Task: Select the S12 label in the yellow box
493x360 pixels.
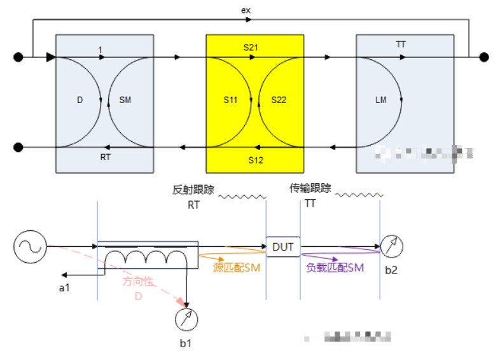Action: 255,160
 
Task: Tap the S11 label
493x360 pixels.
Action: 230,100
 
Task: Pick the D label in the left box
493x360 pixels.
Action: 80,100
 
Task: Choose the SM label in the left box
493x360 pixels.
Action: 125,100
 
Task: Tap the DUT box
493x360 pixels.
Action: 282,247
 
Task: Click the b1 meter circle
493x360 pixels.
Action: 186,319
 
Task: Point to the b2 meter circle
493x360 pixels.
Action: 392,246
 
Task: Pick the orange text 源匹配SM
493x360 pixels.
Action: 237,268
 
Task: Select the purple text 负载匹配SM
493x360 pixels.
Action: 335,268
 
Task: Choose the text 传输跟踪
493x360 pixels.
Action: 310,188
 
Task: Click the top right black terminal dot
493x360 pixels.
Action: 483,57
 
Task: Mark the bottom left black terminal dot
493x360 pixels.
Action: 19,148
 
